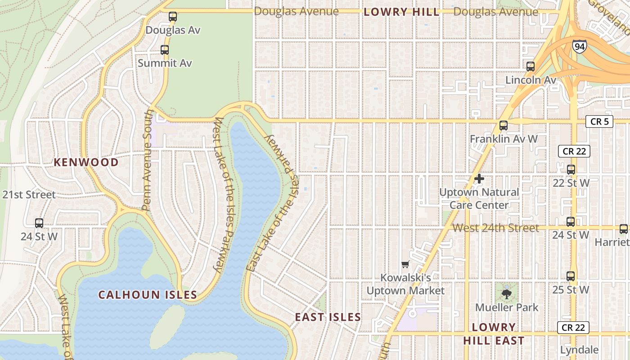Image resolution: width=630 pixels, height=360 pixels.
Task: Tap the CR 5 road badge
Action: coord(599,121)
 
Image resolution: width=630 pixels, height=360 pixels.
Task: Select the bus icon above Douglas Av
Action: coord(173,17)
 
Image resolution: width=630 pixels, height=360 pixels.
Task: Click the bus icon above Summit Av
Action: coord(165,50)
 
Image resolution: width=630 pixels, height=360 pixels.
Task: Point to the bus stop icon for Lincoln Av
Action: coord(531,67)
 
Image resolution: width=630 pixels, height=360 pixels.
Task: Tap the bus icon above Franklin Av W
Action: coord(504,126)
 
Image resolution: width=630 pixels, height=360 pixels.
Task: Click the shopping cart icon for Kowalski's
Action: coord(405,264)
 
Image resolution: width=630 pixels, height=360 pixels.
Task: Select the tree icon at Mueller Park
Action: coord(507,294)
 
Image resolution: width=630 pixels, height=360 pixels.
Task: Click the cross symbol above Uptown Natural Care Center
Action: coord(479,179)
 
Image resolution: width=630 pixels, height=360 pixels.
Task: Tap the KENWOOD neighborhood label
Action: coord(86,162)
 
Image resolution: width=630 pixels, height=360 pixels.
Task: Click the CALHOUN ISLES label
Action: coord(148,295)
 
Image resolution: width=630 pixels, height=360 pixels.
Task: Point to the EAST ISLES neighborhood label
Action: coord(328,317)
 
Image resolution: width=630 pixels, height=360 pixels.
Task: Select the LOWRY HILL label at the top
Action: coord(401,12)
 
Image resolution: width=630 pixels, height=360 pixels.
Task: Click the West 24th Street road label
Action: coord(495,228)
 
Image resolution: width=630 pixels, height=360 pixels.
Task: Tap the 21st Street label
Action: coord(29,195)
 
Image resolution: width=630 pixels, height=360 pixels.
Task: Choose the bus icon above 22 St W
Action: coord(571,170)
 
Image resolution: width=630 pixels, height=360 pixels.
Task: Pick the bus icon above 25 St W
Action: coord(571,276)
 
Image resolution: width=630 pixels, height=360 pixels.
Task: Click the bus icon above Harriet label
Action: coord(624,229)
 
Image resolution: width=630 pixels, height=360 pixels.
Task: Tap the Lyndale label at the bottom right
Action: coord(579,350)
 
